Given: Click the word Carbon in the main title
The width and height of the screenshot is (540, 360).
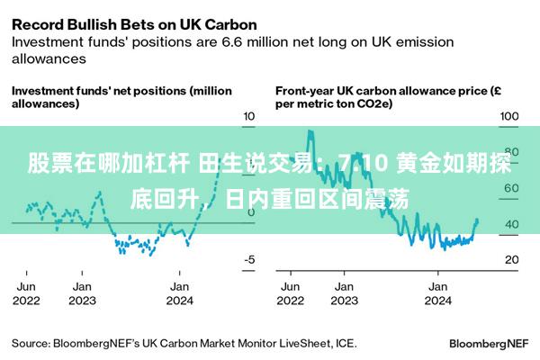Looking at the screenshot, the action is click(x=230, y=25).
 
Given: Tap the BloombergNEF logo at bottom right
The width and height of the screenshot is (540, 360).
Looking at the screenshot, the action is click(x=489, y=344).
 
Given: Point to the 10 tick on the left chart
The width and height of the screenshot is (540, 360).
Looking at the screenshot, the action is click(x=249, y=116).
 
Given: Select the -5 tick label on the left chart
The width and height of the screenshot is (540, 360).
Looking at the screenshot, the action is click(x=249, y=259).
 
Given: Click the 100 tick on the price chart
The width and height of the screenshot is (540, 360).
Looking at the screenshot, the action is click(x=509, y=116).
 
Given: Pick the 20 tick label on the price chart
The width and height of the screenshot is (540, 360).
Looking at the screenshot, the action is click(x=512, y=259).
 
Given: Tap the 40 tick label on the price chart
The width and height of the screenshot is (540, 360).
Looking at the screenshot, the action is click(x=512, y=224).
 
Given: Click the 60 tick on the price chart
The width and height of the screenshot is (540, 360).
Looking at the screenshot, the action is click(x=512, y=188).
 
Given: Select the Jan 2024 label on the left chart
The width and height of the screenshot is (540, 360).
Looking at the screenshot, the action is click(x=180, y=293).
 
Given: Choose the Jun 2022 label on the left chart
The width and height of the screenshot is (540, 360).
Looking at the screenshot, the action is click(x=26, y=293).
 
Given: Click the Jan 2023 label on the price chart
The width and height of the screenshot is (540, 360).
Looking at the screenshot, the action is click(x=345, y=293).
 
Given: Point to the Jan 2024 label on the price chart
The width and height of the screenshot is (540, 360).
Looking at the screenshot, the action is click(x=438, y=293).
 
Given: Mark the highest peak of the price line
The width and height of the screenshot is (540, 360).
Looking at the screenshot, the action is click(x=310, y=130).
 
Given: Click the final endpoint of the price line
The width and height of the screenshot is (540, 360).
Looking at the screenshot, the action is click(x=477, y=220).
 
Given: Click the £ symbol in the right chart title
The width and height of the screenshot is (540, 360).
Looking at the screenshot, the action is click(x=497, y=91).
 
